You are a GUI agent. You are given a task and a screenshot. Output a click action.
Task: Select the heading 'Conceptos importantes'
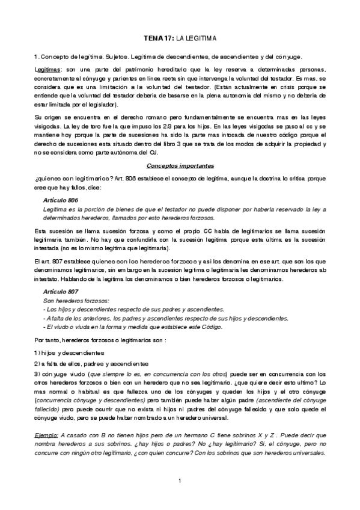tap(180, 166)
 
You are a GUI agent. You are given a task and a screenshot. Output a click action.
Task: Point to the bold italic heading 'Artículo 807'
tap(61, 291)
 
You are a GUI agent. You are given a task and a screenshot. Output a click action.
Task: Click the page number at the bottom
tap(180, 480)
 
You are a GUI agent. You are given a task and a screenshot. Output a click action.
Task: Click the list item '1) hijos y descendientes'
tap(69, 352)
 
